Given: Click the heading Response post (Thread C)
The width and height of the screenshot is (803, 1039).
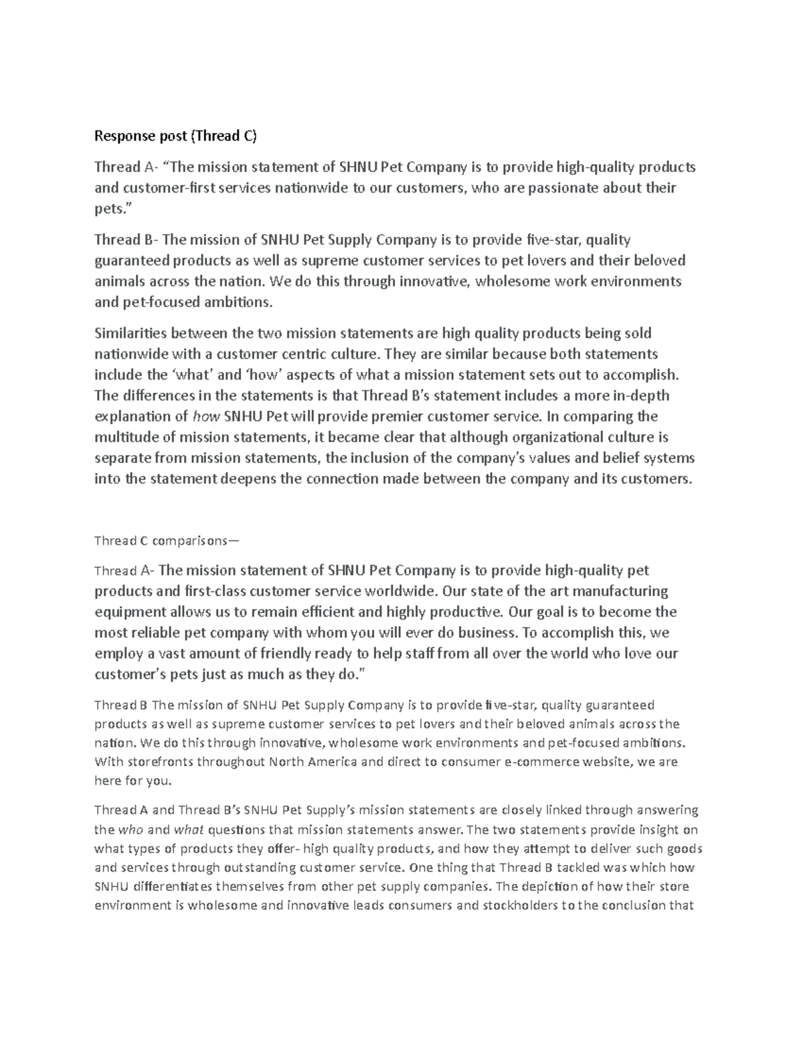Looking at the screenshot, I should (x=175, y=136).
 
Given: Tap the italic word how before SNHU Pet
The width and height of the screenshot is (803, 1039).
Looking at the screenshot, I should (x=205, y=417).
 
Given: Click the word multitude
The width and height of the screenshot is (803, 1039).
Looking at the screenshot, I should (x=122, y=438).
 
